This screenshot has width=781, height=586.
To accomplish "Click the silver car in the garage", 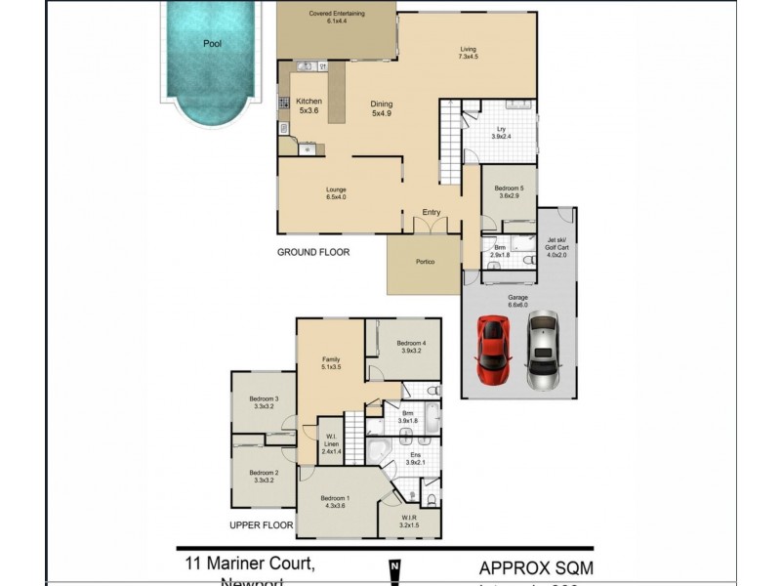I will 541,350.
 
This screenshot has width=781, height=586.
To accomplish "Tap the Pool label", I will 212,44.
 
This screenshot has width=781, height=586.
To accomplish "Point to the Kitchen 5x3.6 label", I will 309,106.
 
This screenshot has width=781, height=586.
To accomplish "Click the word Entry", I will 432,212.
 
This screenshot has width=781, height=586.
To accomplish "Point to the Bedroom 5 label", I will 509,191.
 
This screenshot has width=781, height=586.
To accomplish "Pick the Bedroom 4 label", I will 410,348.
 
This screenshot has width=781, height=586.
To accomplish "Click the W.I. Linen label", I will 332,443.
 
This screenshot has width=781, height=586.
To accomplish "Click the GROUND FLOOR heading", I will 313,252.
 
